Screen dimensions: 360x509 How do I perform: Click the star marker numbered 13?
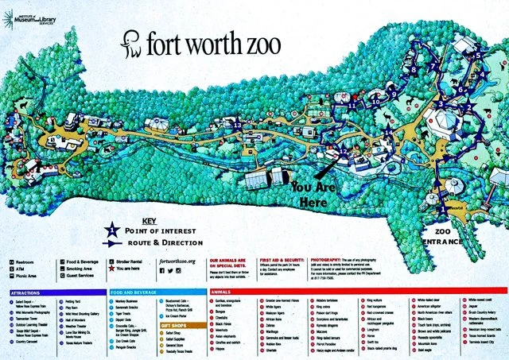point(237,126)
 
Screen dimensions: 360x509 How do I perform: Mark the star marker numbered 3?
point(441,103)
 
